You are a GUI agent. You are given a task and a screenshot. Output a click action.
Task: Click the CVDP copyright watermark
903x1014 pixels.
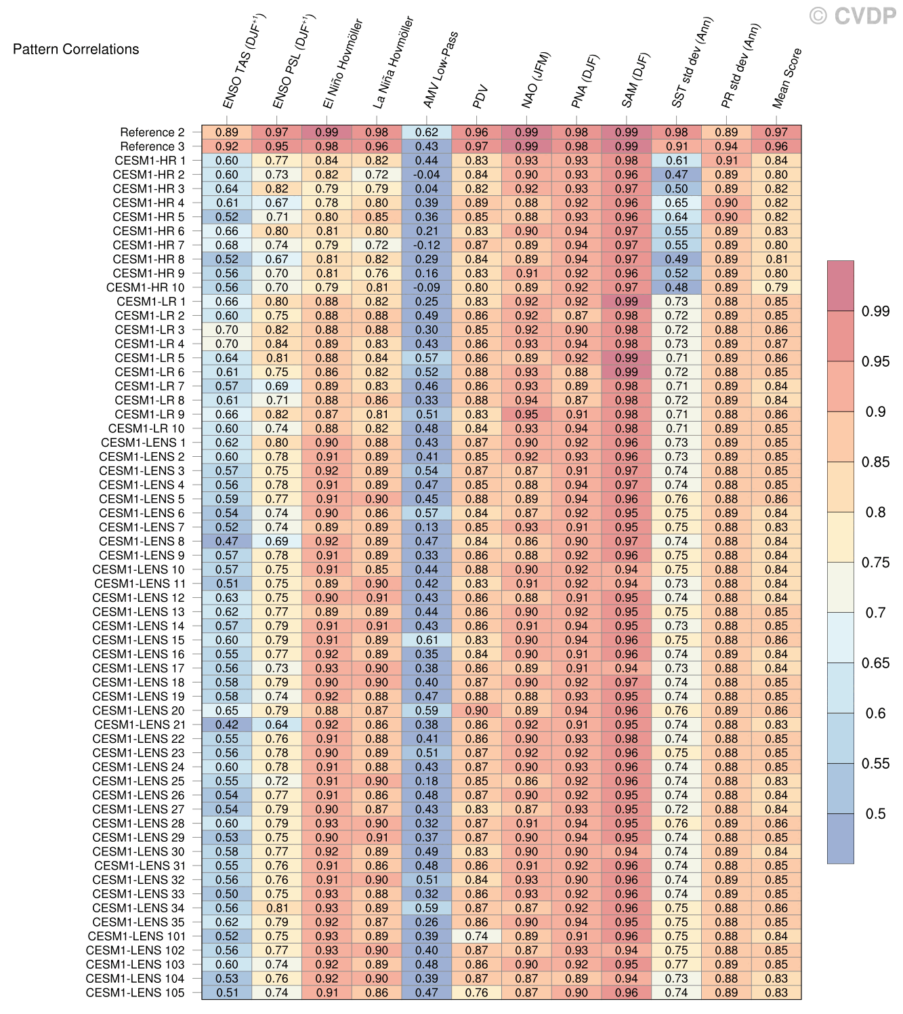pos(853,15)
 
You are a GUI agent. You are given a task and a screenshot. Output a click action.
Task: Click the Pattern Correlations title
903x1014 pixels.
pos(76,49)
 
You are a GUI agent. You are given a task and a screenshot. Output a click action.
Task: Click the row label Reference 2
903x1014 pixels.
pos(152,132)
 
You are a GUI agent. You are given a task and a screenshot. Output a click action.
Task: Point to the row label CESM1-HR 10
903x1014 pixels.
pos(145,287)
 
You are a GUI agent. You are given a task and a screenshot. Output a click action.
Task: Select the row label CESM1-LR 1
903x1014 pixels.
pos(150,302)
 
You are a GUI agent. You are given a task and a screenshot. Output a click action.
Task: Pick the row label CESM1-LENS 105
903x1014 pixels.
pos(135,992)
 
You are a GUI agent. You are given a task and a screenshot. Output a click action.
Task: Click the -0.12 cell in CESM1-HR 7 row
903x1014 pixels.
pos(427,245)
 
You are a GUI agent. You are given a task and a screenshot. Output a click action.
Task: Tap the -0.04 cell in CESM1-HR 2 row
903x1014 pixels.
pos(427,174)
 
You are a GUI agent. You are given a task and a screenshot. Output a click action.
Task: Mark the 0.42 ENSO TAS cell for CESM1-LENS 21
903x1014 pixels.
pos(227,725)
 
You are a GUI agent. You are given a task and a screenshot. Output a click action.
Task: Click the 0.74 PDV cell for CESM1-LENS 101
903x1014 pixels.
pos(477,936)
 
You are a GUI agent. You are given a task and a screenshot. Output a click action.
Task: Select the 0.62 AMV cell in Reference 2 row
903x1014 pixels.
pos(427,132)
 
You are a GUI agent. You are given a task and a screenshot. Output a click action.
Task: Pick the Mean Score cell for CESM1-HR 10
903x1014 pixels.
pos(776,287)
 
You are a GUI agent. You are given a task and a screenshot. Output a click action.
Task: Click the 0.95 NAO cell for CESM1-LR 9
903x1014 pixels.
pos(527,414)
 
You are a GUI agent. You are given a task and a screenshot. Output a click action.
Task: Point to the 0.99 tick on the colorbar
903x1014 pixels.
pos(875,311)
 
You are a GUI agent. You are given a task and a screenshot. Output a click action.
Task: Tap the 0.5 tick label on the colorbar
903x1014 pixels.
pos(875,813)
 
